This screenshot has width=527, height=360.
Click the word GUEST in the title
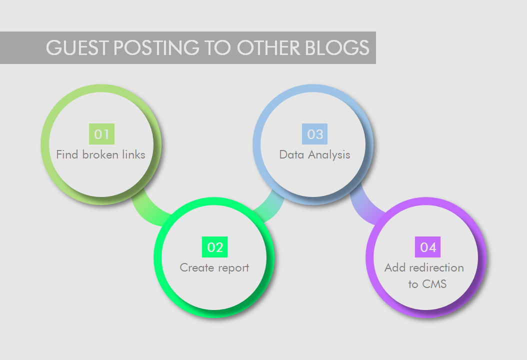tap(77, 47)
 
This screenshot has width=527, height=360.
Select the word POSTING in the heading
tap(156, 47)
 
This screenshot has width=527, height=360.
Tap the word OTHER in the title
tap(268, 47)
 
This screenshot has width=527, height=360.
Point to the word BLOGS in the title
tap(337, 47)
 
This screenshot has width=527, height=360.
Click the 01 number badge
tap(101, 134)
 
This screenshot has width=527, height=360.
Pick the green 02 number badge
tap(215, 247)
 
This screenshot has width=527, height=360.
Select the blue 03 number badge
tap(314, 134)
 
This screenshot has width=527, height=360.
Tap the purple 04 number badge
tap(427, 247)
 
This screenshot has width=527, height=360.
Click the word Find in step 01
tap(67, 154)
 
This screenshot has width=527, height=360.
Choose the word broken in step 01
tap(100, 154)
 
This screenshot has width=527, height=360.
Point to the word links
tap(134, 154)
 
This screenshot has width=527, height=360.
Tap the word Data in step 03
tap(291, 154)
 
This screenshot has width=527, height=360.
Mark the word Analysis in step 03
tap(329, 155)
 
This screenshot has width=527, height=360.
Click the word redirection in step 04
tap(436, 267)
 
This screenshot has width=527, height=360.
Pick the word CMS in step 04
tap(434, 284)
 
